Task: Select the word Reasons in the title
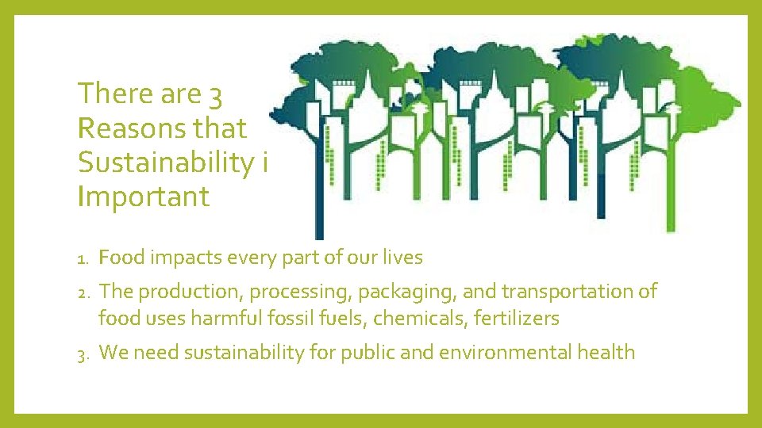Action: (x=128, y=128)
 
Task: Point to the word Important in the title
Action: (x=144, y=196)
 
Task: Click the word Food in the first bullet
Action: (x=120, y=258)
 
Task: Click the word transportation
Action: (x=564, y=292)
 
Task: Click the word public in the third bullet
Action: (x=364, y=353)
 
